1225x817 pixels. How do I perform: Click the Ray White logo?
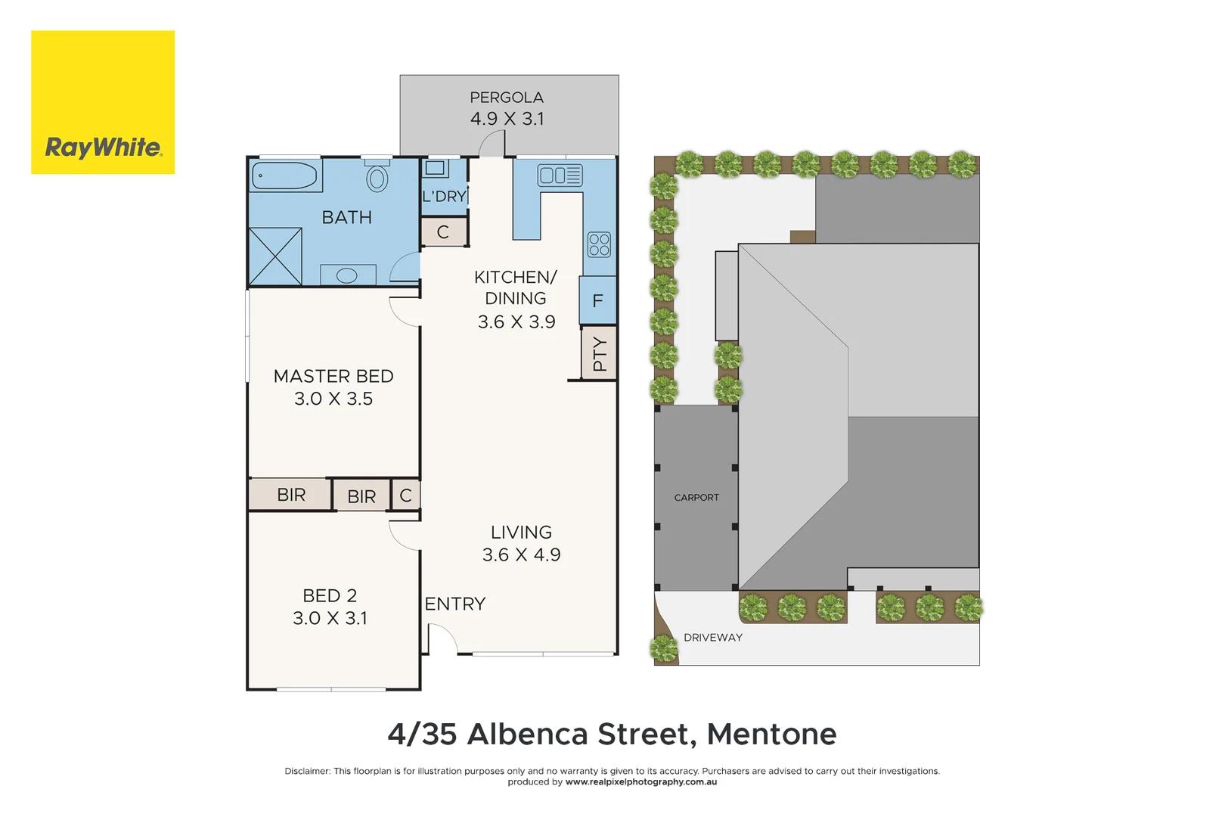click(103, 102)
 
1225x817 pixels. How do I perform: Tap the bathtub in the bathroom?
click(284, 176)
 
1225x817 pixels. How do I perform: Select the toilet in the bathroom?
click(377, 178)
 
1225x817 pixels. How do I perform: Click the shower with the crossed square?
click(275, 256)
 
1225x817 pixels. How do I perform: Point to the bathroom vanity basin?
click(347, 275)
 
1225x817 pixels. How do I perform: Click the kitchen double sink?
click(560, 176)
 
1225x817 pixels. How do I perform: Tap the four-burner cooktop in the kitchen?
click(599, 244)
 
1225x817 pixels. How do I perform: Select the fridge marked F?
click(598, 301)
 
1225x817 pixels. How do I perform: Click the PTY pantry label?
click(600, 353)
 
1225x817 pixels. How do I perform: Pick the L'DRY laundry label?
click(444, 197)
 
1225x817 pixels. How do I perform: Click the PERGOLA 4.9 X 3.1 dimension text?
click(507, 119)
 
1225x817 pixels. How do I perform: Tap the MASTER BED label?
click(333, 376)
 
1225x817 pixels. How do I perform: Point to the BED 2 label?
click(330, 596)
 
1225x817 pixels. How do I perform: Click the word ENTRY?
click(455, 604)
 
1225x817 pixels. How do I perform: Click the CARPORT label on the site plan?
click(696, 498)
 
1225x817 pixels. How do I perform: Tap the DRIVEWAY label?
click(713, 638)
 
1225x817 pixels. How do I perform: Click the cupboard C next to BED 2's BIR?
click(406, 495)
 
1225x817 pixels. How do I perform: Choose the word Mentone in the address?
click(771, 735)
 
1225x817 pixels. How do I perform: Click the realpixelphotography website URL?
click(641, 782)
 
